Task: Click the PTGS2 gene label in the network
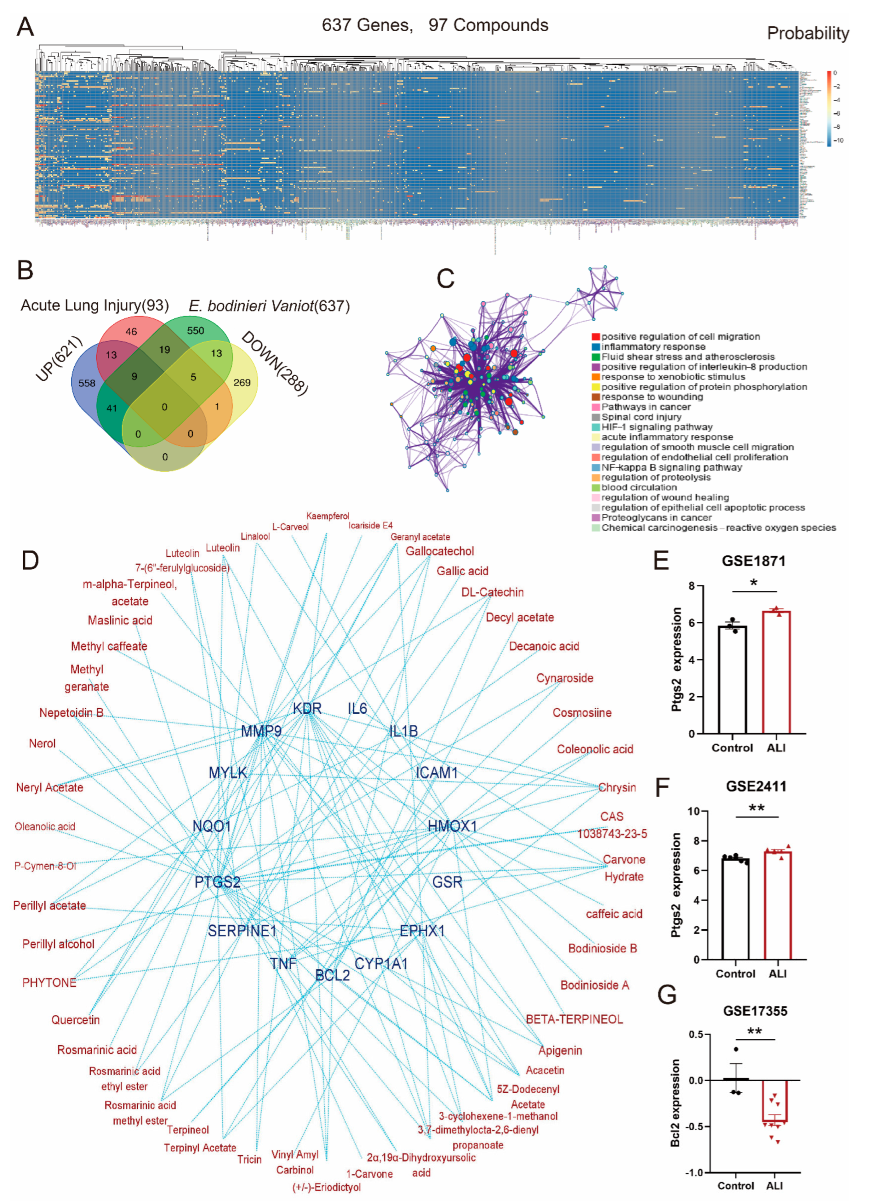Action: [218, 881]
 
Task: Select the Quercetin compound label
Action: [75, 1019]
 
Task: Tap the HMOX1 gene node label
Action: [452, 826]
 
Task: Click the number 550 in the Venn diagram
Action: [195, 330]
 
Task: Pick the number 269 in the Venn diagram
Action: [242, 383]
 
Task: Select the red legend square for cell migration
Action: [595, 337]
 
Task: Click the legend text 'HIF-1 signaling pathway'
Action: [657, 427]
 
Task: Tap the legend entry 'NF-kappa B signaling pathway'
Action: [671, 467]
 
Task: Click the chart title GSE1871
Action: [753, 561]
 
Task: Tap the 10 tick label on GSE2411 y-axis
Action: [694, 811]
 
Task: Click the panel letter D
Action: [30, 561]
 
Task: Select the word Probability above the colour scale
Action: [807, 34]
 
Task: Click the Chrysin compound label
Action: [617, 787]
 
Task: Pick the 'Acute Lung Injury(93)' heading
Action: [94, 306]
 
